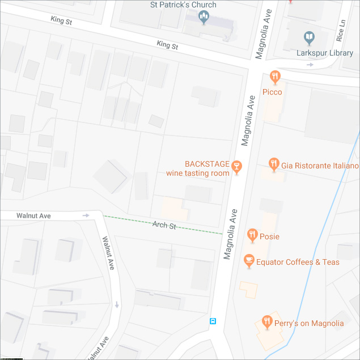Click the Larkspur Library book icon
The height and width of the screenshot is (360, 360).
coord(308,38)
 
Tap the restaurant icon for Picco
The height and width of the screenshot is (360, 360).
coord(275,76)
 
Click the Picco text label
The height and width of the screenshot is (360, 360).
coord(272,92)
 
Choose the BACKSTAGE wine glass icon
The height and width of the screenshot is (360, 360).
coord(236,166)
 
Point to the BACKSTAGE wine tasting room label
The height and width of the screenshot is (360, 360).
coord(198,168)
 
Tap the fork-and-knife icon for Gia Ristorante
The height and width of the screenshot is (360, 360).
coord(274,164)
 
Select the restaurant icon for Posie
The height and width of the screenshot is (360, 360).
coord(253,235)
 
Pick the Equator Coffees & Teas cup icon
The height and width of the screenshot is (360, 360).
coord(248,261)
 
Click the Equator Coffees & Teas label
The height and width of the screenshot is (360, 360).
coord(298,262)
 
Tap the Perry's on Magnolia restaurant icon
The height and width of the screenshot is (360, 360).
coord(266,323)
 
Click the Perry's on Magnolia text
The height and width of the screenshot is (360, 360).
coord(310,324)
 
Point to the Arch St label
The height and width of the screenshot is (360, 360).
coord(164,225)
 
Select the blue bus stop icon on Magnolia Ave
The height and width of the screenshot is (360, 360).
coord(213,321)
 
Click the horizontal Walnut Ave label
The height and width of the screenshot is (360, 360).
coord(33,216)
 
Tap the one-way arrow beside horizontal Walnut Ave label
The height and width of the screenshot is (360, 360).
coord(86,215)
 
